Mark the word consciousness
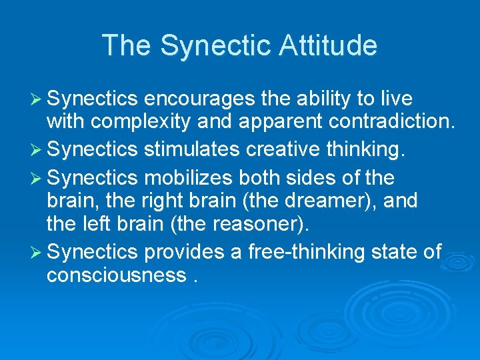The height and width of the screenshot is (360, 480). [x=117, y=275]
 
